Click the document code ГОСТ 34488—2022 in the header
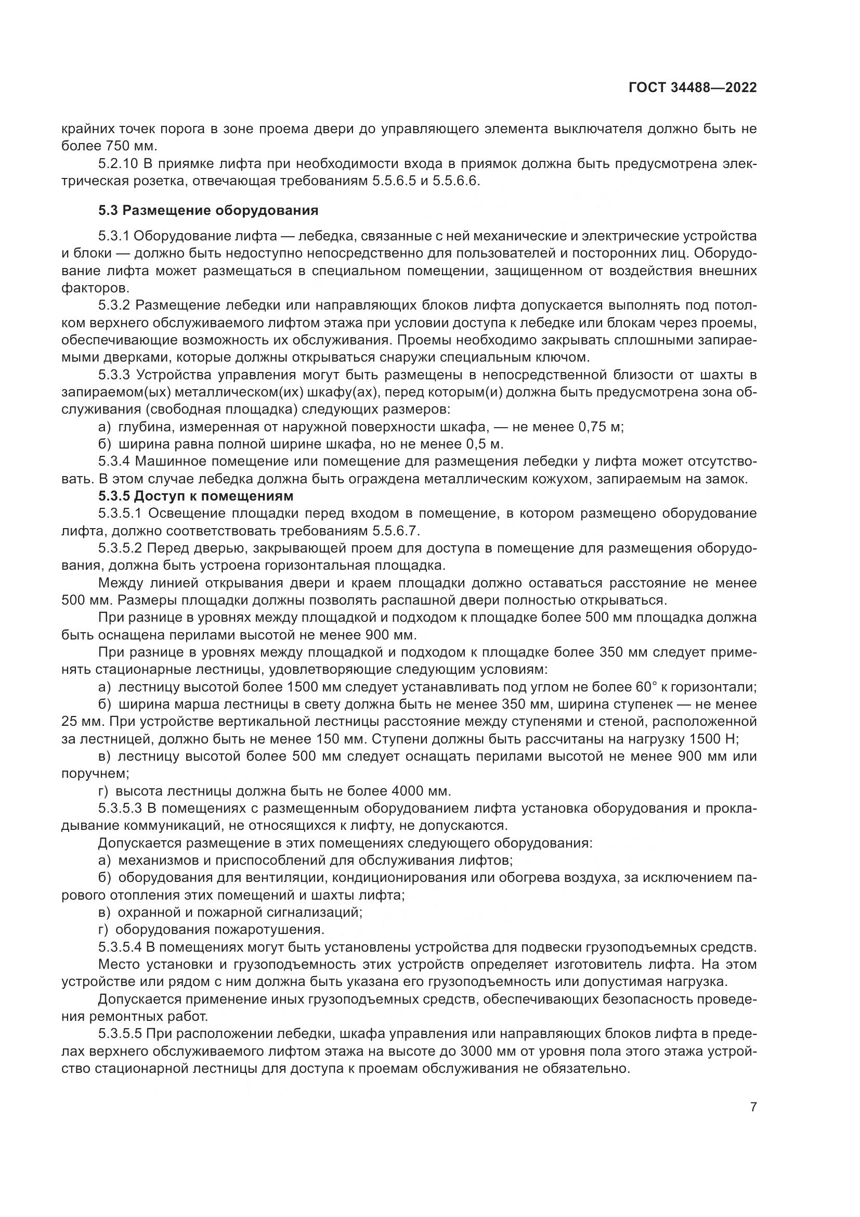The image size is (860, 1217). pos(692,88)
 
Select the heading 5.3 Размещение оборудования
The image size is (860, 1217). pos(208,210)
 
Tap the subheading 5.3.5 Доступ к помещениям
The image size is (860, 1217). pos(196,496)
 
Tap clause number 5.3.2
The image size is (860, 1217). pos(114,305)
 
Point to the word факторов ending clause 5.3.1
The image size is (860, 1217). pos(95,288)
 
